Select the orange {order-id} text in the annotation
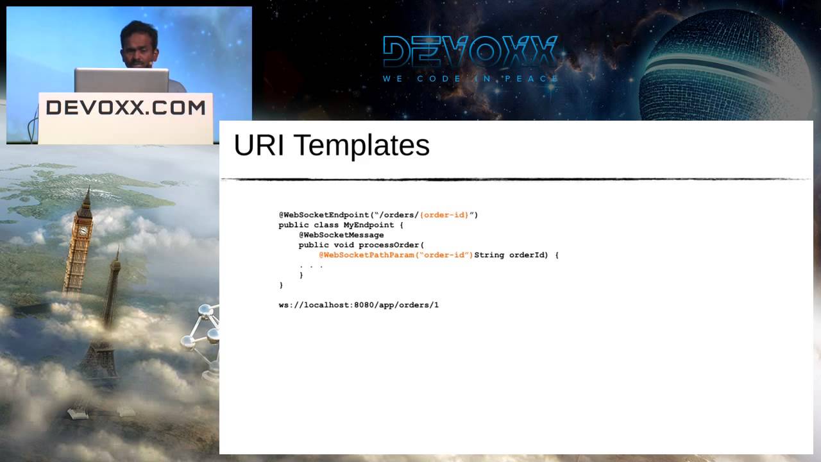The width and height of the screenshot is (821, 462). pyautogui.click(x=444, y=215)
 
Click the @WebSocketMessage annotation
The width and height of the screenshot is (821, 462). pyautogui.click(x=341, y=235)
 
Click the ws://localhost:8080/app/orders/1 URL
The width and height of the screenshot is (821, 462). pyautogui.click(x=359, y=305)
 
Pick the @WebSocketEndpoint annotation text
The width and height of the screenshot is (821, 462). pyautogui.click(x=324, y=215)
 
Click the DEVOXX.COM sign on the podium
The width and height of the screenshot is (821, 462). pyautogui.click(x=126, y=108)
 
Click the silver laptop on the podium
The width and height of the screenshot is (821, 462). pyautogui.click(x=121, y=80)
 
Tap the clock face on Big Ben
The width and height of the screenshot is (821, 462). pyautogui.click(x=83, y=230)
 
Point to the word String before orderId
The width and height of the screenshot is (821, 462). pyautogui.click(x=489, y=255)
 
